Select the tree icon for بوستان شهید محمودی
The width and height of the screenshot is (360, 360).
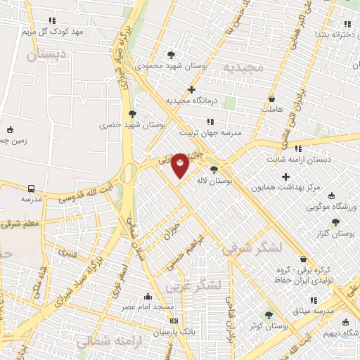coord(172,55)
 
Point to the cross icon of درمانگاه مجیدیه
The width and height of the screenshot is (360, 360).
coord(191,89)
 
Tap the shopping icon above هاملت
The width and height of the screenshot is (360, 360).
coord(271,99)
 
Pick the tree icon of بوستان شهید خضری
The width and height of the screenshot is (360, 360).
coord(131,113)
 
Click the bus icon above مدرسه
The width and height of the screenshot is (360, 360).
coord(32,188)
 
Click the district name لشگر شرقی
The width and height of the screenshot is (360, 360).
coord(252,248)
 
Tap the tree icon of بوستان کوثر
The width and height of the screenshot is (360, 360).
coord(267,314)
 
